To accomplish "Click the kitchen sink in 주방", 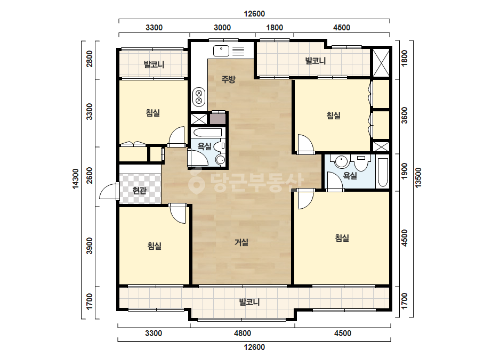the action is (x=221, y=51).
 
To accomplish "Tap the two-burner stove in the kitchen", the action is (x=199, y=96).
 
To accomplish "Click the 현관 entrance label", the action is (x=139, y=190).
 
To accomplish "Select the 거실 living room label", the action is (x=241, y=242).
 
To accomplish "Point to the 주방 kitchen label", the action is (x=228, y=79).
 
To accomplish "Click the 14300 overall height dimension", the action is (x=76, y=179).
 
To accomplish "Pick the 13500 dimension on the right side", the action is (x=418, y=177).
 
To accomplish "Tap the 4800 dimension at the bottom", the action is (x=242, y=333).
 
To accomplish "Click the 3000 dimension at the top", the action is (x=222, y=28).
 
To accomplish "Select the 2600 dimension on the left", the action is (x=90, y=176).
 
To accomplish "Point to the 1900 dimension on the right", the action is (x=405, y=171).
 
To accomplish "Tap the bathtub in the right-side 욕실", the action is (x=383, y=172).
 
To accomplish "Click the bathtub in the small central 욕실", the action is (x=207, y=132).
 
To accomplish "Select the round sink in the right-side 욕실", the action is (x=341, y=161).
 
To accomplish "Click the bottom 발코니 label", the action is (x=249, y=302).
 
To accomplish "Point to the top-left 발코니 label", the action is (x=154, y=64).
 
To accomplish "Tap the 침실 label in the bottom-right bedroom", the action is (x=342, y=238).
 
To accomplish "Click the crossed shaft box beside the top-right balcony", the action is (x=381, y=62).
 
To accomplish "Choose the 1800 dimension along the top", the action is (x=275, y=28).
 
